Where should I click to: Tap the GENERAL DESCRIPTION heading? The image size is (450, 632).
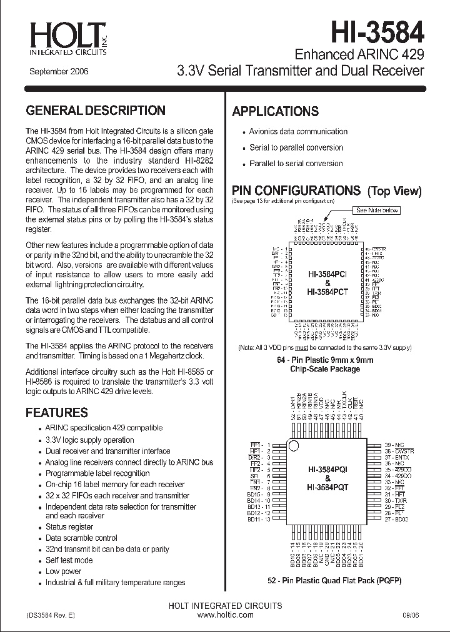click(96, 111)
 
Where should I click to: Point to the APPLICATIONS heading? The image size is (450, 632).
click(275, 112)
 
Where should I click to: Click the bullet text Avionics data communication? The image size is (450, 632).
click(298, 132)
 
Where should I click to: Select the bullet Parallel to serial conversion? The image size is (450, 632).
click(296, 164)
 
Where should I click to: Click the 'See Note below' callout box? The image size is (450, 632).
click(376, 210)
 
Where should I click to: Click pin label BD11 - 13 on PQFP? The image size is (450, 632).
click(259, 519)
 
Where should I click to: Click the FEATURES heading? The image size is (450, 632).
click(57, 413)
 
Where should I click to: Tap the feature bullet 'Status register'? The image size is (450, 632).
click(69, 527)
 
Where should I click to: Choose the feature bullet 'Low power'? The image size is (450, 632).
click(63, 571)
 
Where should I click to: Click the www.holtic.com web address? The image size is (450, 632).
click(225, 615)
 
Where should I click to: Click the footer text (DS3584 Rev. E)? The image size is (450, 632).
click(51, 615)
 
